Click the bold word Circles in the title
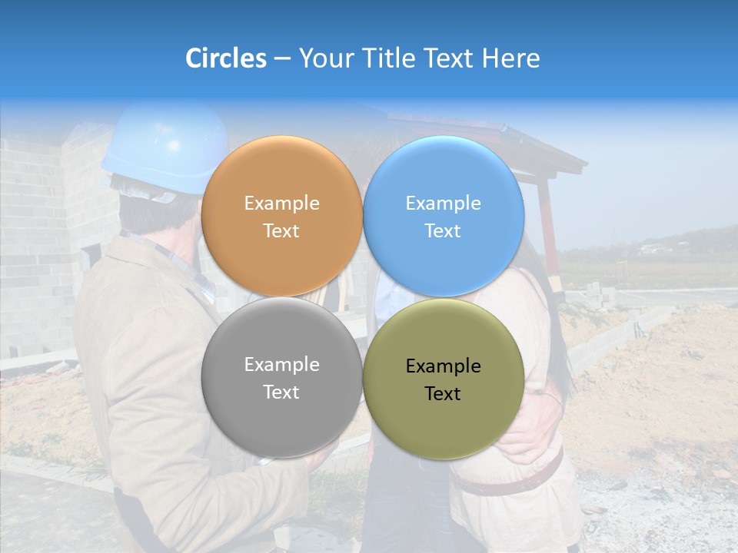(226, 58)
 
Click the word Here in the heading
(510, 58)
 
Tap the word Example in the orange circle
(281, 204)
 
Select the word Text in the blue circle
(443, 231)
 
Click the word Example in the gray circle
(281, 365)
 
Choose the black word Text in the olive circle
(443, 394)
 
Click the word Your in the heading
(325, 58)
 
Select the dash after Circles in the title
(282, 58)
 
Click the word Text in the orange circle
(281, 231)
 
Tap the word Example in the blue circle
(443, 204)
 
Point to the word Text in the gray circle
(281, 392)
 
